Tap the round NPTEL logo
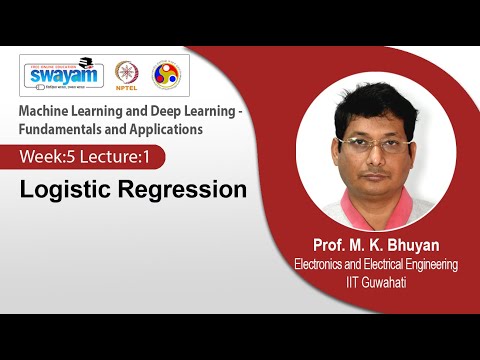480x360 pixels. point(127,74)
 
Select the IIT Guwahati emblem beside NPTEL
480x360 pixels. point(165,74)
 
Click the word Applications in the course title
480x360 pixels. point(168,128)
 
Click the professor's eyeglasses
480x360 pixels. point(375,144)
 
